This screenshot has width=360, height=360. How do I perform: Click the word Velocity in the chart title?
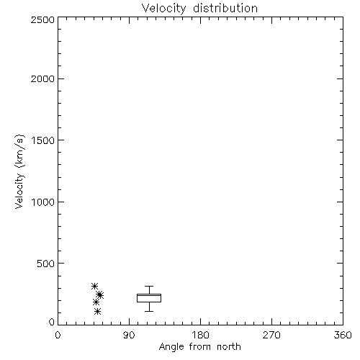pos(163,9)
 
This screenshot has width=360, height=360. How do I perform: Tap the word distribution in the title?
pos(225,8)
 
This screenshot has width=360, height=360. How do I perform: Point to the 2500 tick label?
pos(42,19)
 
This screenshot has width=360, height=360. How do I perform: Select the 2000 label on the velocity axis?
pos(42,78)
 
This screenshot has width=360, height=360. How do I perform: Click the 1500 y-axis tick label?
pos(43,140)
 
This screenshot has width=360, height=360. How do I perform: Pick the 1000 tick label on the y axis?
pos(43,202)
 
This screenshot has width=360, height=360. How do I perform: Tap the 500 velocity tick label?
pos(46,264)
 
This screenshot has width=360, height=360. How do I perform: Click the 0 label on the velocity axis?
pos(52,322)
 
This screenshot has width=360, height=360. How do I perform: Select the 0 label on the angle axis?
pos(58,335)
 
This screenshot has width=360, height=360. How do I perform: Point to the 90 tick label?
pos(129,335)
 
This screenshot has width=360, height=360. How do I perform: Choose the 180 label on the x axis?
pos(200,335)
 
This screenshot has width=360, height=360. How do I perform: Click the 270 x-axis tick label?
pos(271,335)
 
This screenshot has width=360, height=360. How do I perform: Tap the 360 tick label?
pos(343,335)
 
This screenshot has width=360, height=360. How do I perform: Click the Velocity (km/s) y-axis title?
pos(19,171)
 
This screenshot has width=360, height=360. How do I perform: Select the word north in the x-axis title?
pos(229,346)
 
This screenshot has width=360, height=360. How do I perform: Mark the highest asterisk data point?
pos(94,286)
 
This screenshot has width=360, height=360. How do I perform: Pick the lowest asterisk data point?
pos(97,312)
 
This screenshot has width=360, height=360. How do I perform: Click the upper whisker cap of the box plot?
pos(149,286)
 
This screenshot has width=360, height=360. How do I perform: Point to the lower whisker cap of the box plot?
pos(149,311)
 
